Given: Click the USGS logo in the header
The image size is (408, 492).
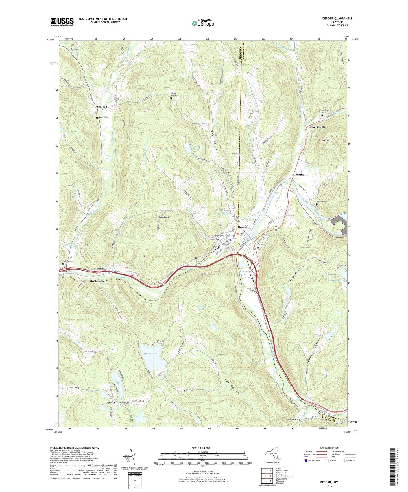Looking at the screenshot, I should [62, 22].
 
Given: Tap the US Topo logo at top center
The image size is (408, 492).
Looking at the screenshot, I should [202, 23].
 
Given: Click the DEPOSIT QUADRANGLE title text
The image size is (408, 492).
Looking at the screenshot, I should [337, 19].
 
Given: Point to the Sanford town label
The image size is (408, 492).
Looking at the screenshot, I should [102, 107].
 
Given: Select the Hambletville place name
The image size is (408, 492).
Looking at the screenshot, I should [317, 127].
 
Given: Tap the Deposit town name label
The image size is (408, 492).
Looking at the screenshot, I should [243, 227].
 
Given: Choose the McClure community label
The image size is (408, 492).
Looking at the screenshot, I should [95, 281].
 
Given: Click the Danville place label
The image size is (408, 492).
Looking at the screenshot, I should [110, 403].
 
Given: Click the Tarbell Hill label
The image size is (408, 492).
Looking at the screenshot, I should [163, 217].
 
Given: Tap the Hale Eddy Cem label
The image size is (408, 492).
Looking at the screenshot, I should [292, 420].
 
